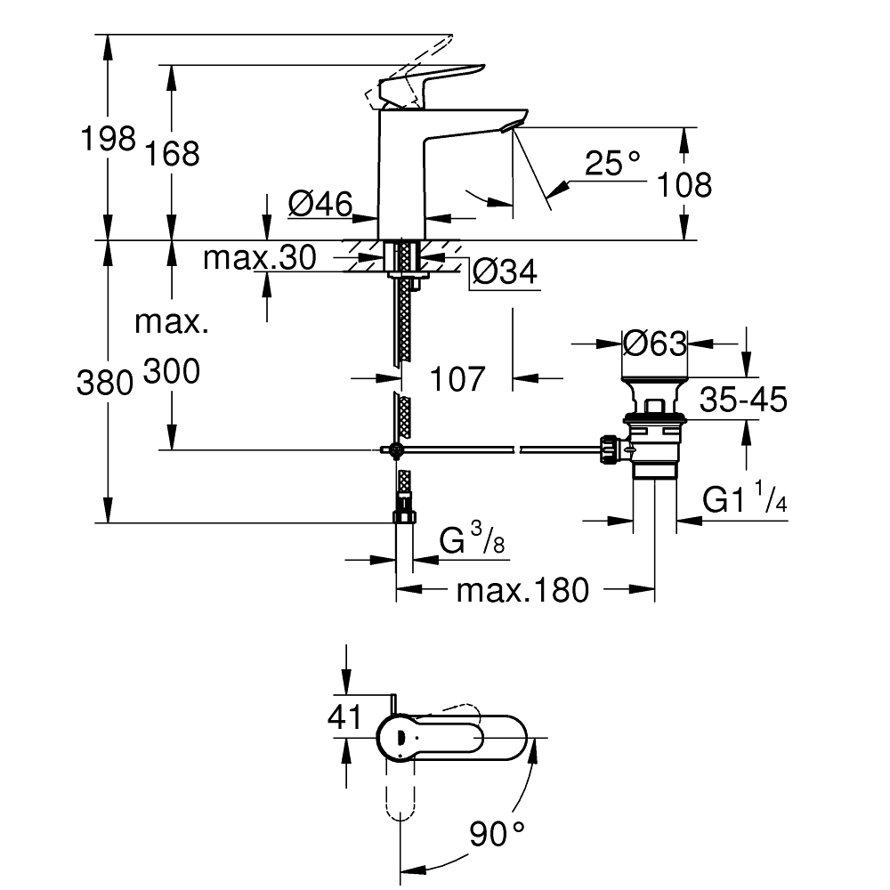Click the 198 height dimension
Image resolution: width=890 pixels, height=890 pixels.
click(109, 139)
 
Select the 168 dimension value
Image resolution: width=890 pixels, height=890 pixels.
click(173, 154)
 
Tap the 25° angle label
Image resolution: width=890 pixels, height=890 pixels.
click(612, 163)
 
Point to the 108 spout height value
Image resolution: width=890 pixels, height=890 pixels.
click(684, 185)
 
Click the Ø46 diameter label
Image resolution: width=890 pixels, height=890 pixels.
click(320, 204)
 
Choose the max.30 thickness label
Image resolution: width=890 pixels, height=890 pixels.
click(259, 258)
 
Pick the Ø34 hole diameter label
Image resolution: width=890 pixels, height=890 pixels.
click(505, 271)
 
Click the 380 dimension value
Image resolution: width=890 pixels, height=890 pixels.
click(105, 383)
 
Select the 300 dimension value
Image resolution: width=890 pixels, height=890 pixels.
click(172, 372)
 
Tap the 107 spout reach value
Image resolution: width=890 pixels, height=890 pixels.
click(457, 378)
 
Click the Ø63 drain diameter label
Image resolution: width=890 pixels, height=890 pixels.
click(654, 344)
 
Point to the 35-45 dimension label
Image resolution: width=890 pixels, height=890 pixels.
click(743, 399)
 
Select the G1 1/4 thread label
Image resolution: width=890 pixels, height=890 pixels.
click(745, 498)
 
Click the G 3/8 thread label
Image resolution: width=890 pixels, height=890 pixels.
click(472, 539)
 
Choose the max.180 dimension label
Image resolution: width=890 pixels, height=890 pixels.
click(522, 590)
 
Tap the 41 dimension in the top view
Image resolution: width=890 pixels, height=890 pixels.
click(344, 716)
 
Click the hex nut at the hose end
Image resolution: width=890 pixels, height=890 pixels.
click(404, 516)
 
